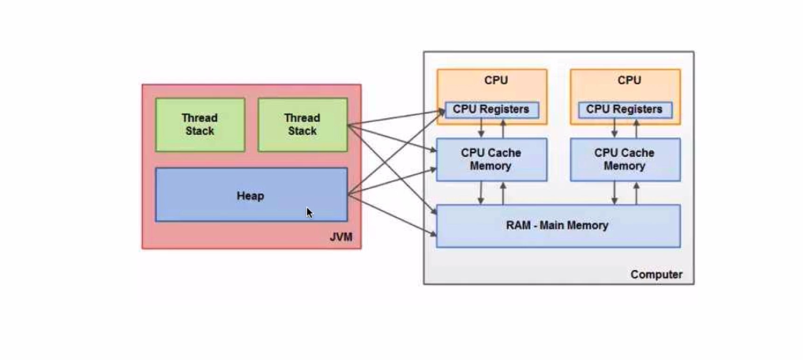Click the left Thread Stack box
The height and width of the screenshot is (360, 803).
[x=200, y=124]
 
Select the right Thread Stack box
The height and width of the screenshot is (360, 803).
[x=302, y=124]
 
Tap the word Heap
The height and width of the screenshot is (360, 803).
[x=250, y=196]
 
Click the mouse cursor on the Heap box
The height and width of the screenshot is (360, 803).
[x=309, y=212]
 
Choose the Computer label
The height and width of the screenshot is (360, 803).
[x=656, y=274]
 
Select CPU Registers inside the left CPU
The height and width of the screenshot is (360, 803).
[x=491, y=109]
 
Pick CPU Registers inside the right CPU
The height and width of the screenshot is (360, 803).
[x=624, y=109]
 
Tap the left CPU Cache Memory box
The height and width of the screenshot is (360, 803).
[x=491, y=159]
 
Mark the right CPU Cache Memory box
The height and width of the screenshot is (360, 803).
[x=624, y=159]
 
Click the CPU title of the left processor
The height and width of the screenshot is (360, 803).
[x=495, y=80]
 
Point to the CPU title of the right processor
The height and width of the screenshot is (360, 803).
[x=629, y=80]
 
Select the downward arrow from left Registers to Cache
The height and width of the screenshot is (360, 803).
[x=481, y=128]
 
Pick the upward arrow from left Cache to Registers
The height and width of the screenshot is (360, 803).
[x=503, y=128]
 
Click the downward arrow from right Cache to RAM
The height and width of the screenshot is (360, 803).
[x=615, y=193]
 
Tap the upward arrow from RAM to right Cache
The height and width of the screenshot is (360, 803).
[x=636, y=193]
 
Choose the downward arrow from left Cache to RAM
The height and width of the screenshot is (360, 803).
[x=481, y=193]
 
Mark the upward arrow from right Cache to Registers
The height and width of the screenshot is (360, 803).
[x=636, y=128]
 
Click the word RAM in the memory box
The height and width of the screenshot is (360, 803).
[x=519, y=226]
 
